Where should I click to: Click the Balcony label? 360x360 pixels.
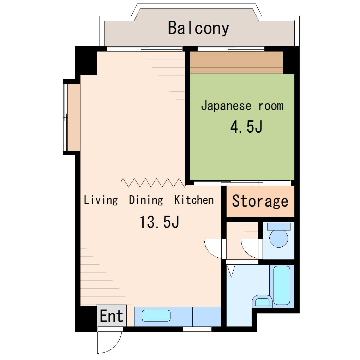pyautogui.click(x=198, y=28)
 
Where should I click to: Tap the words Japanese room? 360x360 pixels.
pyautogui.click(x=242, y=106)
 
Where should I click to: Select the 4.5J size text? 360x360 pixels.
pyautogui.click(x=246, y=127)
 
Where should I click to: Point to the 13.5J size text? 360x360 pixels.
pyautogui.click(x=159, y=222)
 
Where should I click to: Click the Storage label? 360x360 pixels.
pyautogui.click(x=260, y=201)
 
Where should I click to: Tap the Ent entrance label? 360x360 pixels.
pyautogui.click(x=112, y=316)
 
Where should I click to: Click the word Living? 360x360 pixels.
pyautogui.click(x=101, y=200)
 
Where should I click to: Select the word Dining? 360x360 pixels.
pyautogui.click(x=146, y=200)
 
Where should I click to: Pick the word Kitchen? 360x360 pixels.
pyautogui.click(x=194, y=200)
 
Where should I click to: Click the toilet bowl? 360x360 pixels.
pyautogui.click(x=278, y=239)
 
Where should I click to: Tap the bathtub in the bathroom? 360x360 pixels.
pyautogui.click(x=282, y=285)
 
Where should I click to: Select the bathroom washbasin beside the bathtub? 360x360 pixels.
pyautogui.click(x=263, y=301)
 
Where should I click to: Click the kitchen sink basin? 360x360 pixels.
pyautogui.click(x=156, y=316)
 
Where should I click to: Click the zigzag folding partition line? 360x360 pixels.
pyautogui.click(x=153, y=182)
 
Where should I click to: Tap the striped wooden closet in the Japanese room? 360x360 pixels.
pyautogui.click(x=236, y=62)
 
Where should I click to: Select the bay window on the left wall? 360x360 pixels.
pyautogui.click(x=72, y=117)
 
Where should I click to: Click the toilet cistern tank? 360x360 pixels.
pyautogui.click(x=279, y=226)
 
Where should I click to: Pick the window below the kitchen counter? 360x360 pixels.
pyautogui.click(x=197, y=329)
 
